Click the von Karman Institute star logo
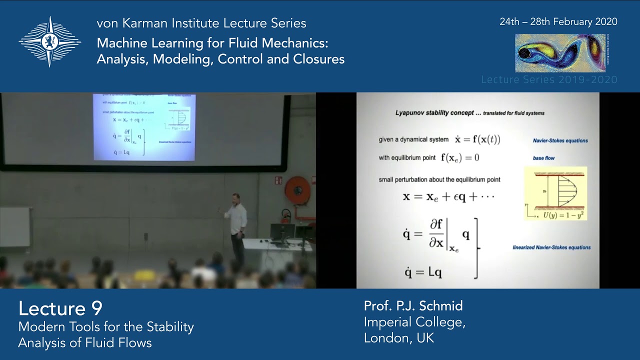(x=49, y=41)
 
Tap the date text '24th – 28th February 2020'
(x=558, y=22)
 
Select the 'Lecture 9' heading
(x=60, y=308)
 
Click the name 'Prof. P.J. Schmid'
(x=413, y=306)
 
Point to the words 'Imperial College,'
(x=414, y=322)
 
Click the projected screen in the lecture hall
(x=144, y=127)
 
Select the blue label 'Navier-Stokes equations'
(x=560, y=141)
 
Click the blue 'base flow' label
(x=543, y=158)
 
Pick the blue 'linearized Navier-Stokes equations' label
(x=551, y=247)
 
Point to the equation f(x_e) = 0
(x=459, y=158)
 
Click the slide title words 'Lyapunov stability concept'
(x=434, y=113)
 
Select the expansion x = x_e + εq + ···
(x=448, y=196)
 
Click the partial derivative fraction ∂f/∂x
(x=436, y=234)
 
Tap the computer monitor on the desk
(x=282, y=231)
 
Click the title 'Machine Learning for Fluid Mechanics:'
(x=212, y=43)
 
